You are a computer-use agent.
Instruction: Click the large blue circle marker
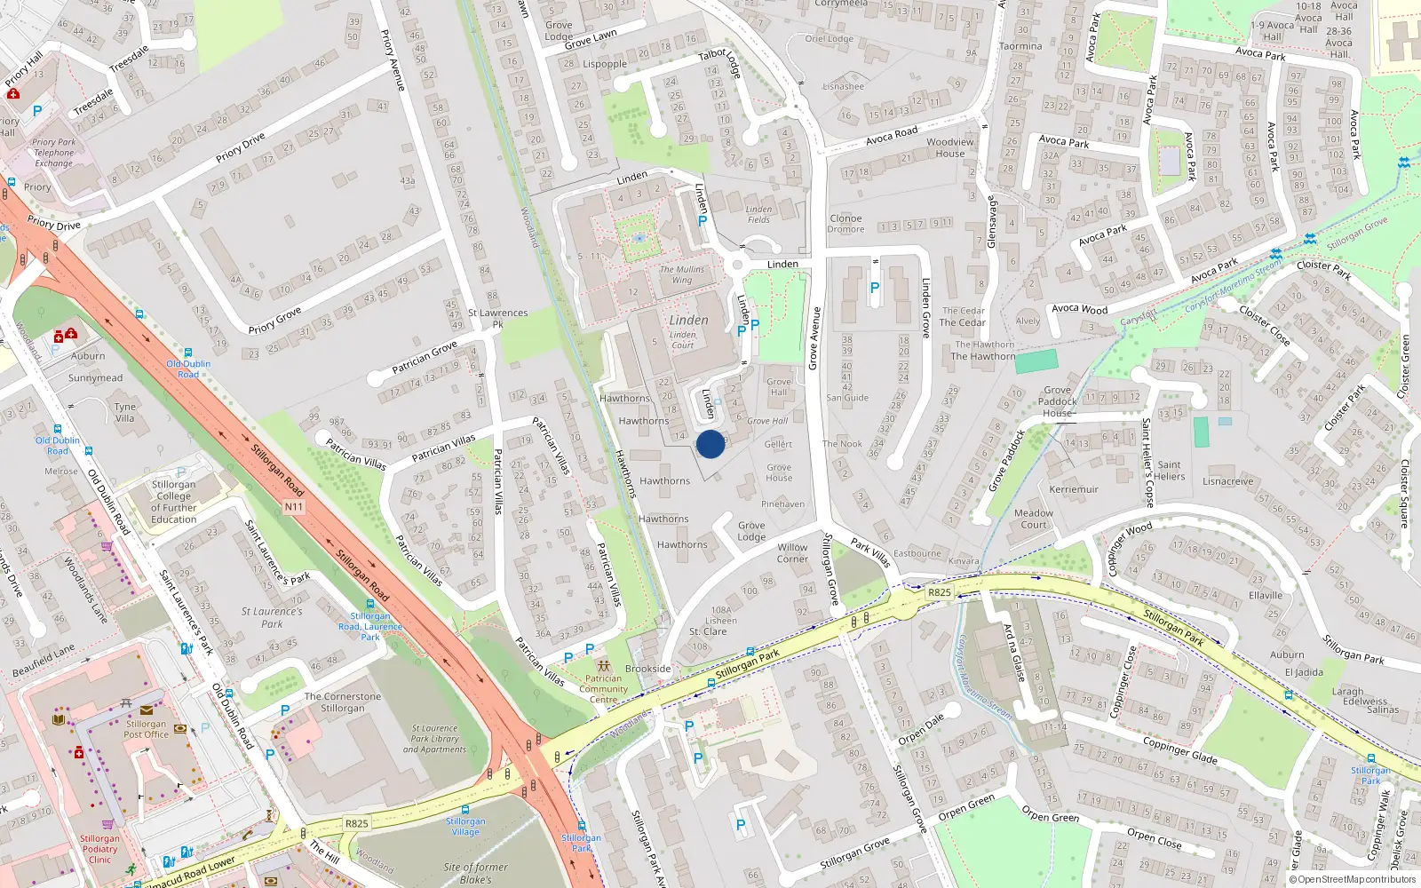pos(710,444)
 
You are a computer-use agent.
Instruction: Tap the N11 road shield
pos(294,507)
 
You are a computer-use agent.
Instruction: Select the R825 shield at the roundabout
pos(939,592)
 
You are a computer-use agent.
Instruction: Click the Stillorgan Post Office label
pos(146,729)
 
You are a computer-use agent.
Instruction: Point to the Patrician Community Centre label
pos(603,688)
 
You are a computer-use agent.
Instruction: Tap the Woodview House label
pos(949,147)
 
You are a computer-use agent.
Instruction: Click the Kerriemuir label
pos(1074,489)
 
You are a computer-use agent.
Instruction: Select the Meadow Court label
pos(1034,519)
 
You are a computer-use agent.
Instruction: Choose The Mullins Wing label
pos(682,274)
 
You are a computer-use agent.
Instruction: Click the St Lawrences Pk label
pos(497,318)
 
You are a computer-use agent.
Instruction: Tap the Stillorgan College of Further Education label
pos(173,502)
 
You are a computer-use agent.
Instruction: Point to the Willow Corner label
pos(792,553)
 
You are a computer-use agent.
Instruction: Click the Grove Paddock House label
pos(1057,401)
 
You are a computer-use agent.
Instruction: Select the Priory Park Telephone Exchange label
pos(54,153)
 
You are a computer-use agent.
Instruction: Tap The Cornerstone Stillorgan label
pos(343,702)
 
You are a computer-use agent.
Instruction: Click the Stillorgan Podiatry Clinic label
pos(99,849)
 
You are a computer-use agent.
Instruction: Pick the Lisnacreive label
pos(1228,481)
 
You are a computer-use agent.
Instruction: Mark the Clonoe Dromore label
pos(845,224)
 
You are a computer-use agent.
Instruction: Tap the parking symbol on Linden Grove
pos(875,288)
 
